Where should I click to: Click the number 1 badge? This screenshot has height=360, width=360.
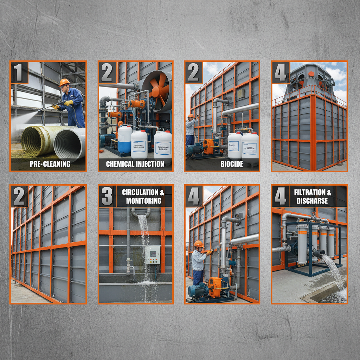[x=19, y=72]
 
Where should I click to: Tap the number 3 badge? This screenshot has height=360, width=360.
[x=107, y=196]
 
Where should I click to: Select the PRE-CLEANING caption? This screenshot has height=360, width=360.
[x=50, y=164]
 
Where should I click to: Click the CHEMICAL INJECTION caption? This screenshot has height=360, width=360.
[x=135, y=164]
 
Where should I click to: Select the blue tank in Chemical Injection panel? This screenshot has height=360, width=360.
[x=124, y=139]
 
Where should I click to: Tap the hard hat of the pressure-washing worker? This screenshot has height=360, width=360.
[x=64, y=82]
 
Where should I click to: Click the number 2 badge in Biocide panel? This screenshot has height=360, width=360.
[x=193, y=72]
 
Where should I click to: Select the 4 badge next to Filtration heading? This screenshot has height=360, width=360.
[x=280, y=196]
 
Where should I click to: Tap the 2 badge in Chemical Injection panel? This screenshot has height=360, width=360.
[x=107, y=72]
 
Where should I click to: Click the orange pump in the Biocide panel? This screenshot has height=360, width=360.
[x=208, y=146]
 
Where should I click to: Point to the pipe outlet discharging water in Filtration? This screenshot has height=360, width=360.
[x=319, y=254]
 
